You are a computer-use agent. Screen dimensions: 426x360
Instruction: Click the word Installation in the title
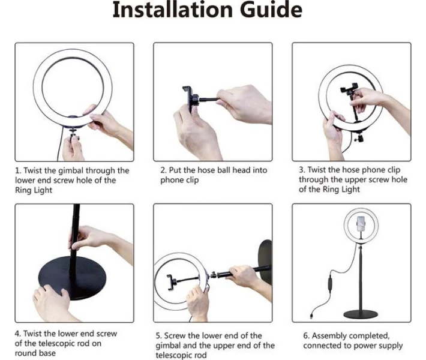(x=173, y=10)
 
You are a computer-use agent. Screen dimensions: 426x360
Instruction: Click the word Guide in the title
(x=271, y=10)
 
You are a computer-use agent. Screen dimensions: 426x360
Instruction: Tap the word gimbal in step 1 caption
(x=71, y=171)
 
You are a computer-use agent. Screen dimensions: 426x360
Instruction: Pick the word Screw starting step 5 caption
(x=176, y=336)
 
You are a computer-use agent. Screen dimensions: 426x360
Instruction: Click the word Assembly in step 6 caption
(x=329, y=336)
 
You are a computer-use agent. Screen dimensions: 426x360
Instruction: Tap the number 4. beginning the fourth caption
(x=17, y=334)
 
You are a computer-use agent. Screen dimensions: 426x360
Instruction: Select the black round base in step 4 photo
(x=72, y=277)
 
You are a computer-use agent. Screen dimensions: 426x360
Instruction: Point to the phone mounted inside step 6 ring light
(x=361, y=224)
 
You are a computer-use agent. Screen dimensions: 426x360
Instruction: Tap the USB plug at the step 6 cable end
(x=311, y=316)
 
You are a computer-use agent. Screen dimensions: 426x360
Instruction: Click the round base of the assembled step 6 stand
(x=361, y=314)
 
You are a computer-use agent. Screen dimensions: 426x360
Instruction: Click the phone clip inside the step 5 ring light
(x=171, y=282)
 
